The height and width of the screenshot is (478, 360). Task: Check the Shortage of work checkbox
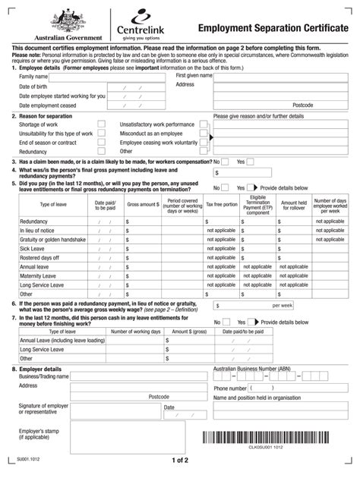click(x=101, y=124)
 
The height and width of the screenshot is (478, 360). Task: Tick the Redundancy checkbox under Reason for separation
click(x=101, y=151)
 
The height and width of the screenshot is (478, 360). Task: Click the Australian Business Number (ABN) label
click(x=251, y=368)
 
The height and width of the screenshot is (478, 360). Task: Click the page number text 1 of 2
click(x=179, y=461)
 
